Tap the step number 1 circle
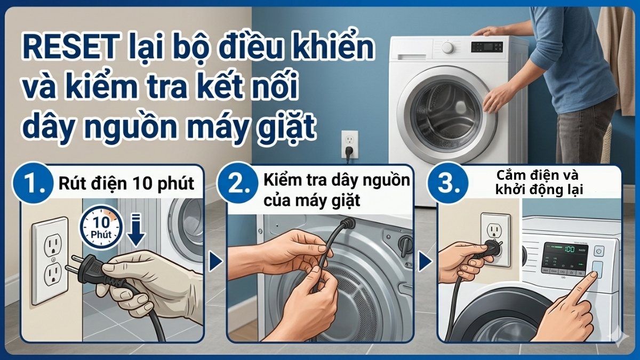pos(36,185)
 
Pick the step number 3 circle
pos(446,185)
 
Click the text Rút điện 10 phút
pos(127,185)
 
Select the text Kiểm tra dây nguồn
pos(337,180)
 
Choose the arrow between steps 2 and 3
pos(425,261)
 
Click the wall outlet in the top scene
pos(349,142)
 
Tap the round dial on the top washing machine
pos(447,48)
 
